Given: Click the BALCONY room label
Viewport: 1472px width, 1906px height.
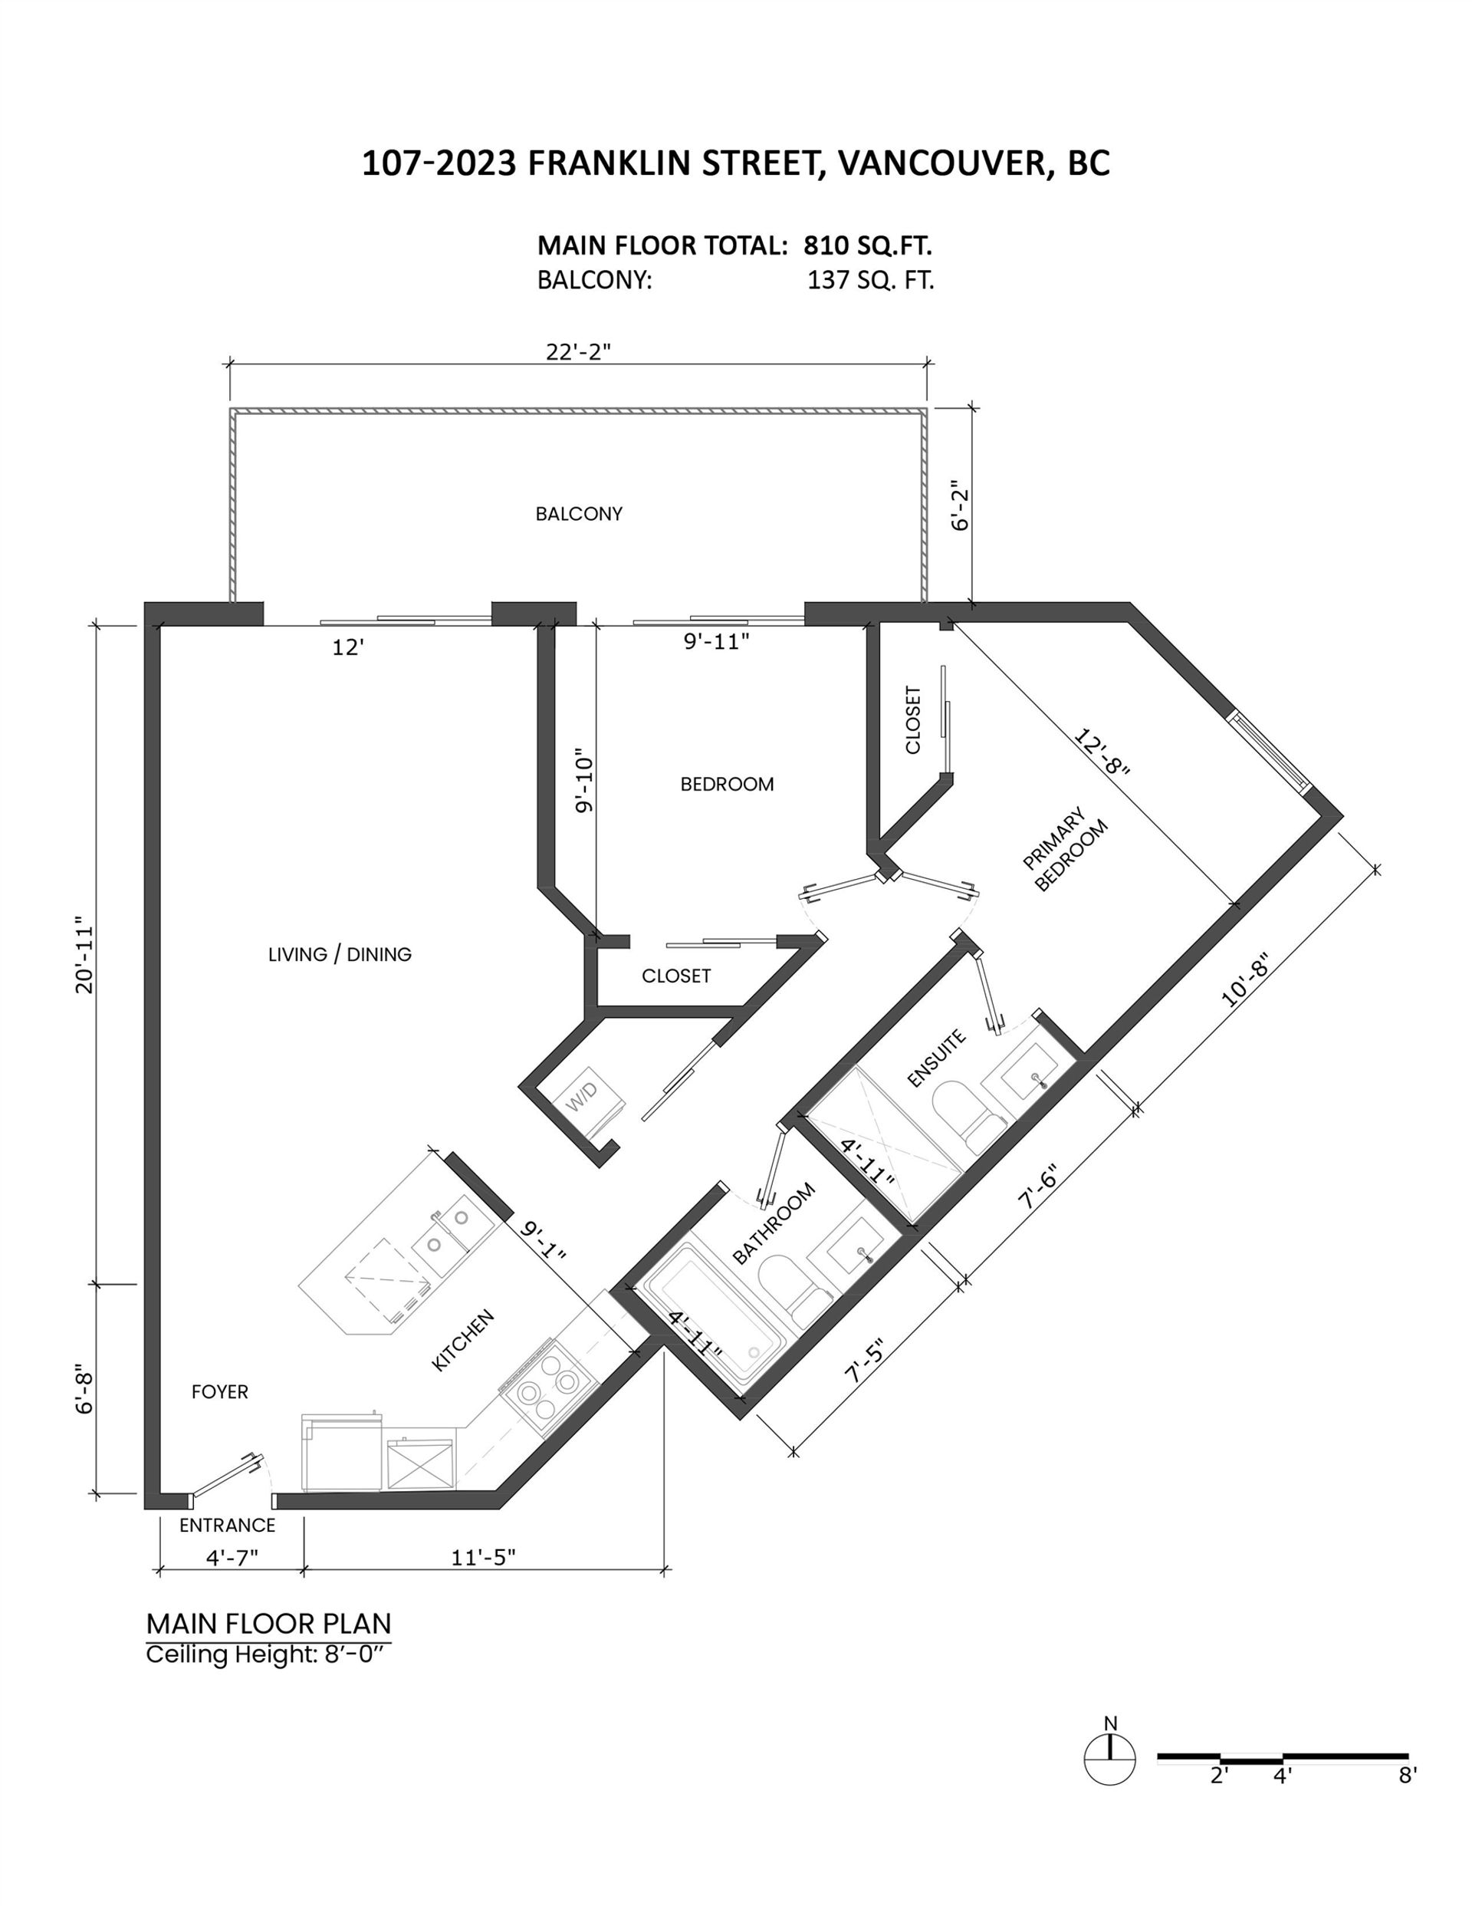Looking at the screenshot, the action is click(579, 514).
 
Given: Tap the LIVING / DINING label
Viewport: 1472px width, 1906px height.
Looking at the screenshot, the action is click(340, 954).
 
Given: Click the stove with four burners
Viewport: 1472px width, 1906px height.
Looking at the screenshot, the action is click(542, 1388).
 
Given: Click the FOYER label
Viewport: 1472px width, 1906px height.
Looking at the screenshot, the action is click(220, 1391).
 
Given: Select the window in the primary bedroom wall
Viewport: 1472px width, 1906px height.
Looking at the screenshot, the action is click(1270, 752).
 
